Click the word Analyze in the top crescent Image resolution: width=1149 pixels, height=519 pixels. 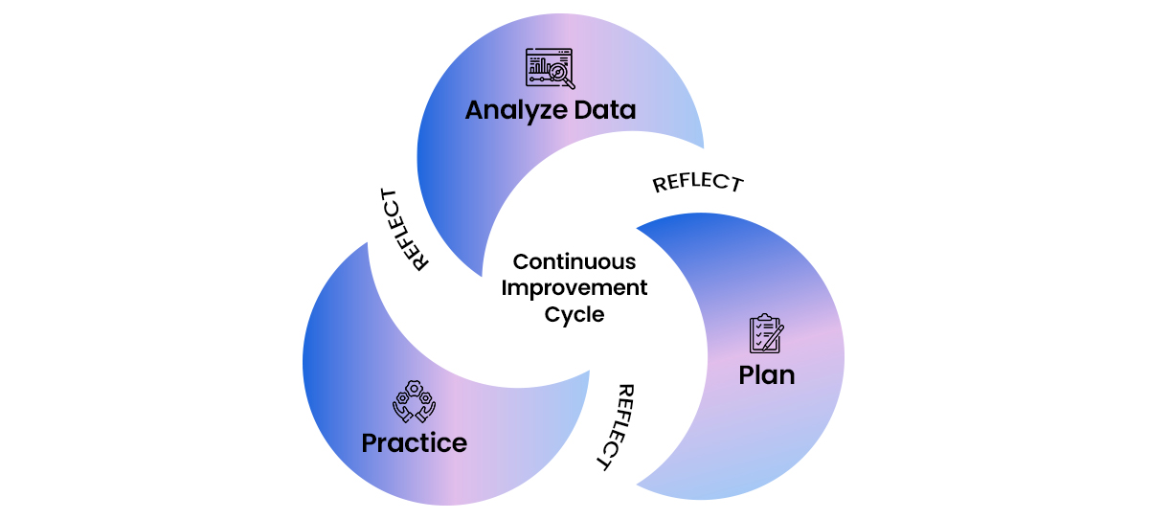513,111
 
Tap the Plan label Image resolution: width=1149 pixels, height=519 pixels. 766,374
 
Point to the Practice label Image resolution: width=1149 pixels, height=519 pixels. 414,443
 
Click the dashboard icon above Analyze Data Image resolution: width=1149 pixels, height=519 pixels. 550,69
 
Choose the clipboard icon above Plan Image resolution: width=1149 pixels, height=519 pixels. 765,333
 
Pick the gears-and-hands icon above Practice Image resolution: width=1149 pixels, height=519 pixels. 414,402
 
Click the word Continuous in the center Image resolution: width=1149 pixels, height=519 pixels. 574,261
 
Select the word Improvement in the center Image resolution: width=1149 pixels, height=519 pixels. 574,287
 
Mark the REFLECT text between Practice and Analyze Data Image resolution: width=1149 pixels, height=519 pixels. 403,230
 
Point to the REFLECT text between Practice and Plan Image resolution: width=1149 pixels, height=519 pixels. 614,427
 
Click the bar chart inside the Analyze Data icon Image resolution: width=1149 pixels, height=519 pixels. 540,68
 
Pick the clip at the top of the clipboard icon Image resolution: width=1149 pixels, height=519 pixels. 763,317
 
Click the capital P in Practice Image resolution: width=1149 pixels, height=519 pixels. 370,443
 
